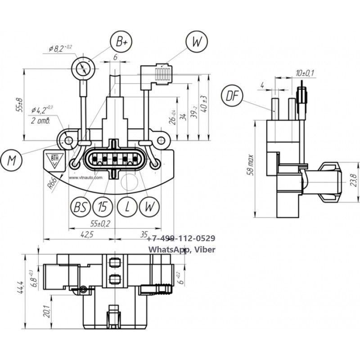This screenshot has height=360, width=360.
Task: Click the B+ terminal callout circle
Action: click(122, 42)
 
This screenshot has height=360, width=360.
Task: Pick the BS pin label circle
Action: click(80, 207)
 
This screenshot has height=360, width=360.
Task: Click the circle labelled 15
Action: click(103, 207)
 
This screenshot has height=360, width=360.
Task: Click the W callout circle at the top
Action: click(197, 42)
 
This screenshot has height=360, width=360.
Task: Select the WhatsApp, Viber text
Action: click(182, 249)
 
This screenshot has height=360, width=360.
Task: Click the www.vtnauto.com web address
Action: click(86, 177)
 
